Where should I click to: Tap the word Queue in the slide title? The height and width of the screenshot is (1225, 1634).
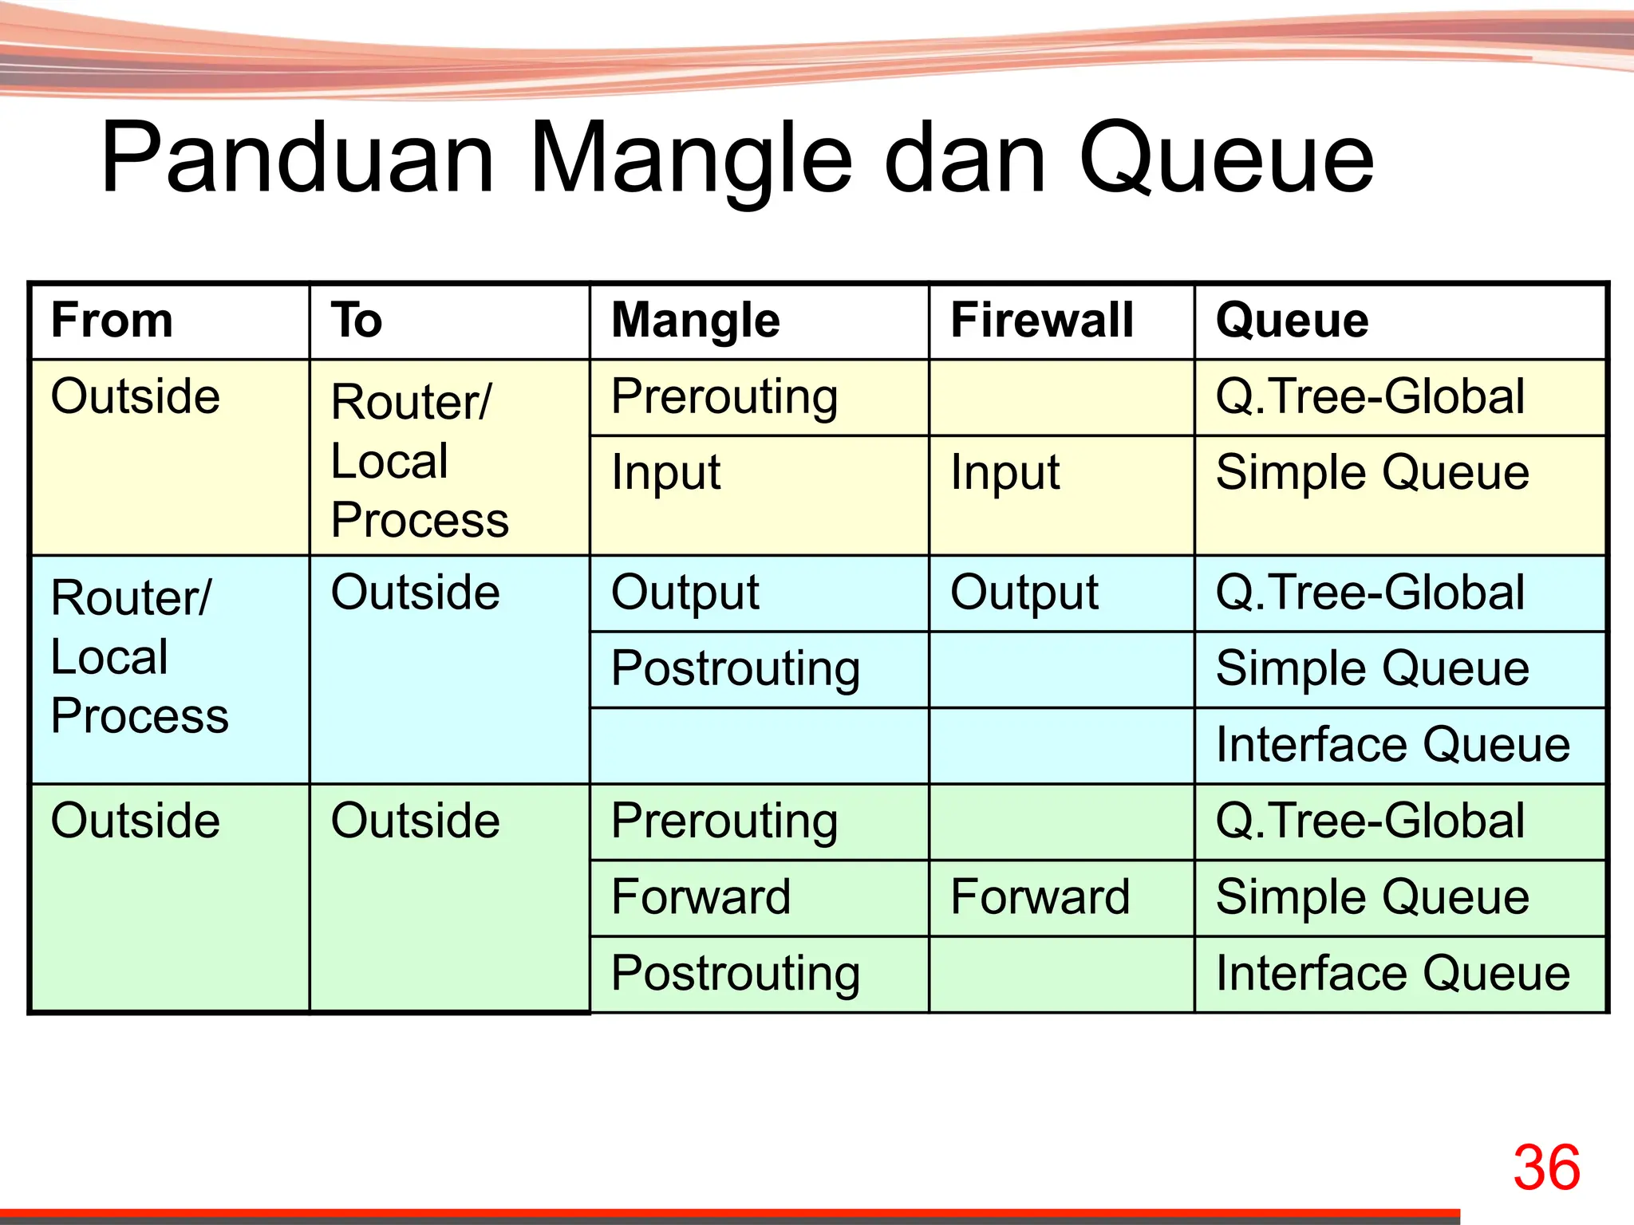(1226, 160)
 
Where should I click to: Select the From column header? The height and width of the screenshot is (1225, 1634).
(112, 321)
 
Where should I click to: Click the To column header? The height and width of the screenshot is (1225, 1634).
(357, 321)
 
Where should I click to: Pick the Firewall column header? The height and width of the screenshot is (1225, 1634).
(1042, 321)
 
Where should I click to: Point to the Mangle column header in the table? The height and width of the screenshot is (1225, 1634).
(695, 321)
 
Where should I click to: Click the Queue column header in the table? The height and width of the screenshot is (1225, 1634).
(1292, 321)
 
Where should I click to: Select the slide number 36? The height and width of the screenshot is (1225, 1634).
(1546, 1168)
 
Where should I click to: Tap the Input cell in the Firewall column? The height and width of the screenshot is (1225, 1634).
(1004, 472)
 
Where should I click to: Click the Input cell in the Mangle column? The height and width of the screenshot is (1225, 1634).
(665, 472)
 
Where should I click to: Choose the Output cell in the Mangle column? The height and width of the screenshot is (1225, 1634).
(685, 593)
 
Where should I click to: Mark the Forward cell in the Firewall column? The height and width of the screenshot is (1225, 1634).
(1040, 896)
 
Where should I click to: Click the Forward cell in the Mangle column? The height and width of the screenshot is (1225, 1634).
(701, 896)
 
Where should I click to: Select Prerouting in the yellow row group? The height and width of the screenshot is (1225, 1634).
(724, 397)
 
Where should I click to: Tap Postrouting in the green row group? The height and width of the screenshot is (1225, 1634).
(736, 974)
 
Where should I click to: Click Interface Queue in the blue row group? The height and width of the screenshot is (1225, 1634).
(1392, 745)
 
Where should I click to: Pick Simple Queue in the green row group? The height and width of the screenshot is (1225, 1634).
(1372, 896)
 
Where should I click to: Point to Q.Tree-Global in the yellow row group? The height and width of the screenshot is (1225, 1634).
(1370, 396)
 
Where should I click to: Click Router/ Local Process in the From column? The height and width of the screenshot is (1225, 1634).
(139, 656)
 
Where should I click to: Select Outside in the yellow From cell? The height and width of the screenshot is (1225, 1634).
(135, 396)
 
